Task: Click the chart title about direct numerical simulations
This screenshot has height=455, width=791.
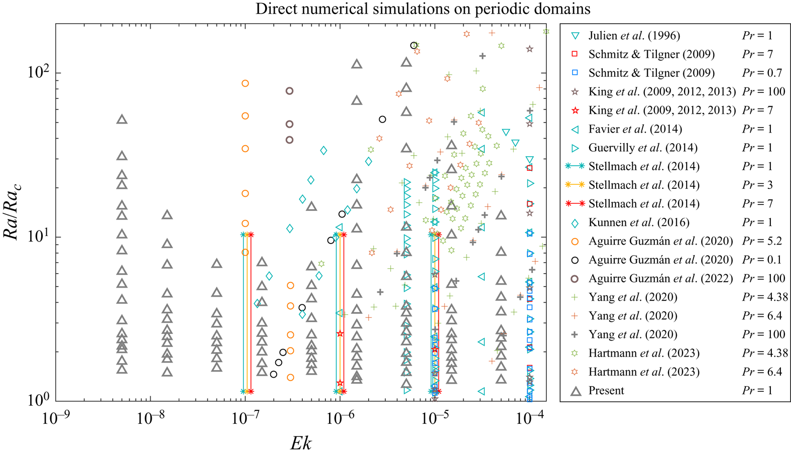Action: (423, 9)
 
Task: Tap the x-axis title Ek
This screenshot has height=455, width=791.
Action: (300, 443)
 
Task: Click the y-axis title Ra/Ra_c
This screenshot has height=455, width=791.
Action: (12, 212)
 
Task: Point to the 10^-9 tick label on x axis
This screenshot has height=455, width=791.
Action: (56, 418)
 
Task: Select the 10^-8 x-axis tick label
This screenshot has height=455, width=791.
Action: (150, 418)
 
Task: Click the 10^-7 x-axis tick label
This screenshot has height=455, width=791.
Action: (245, 418)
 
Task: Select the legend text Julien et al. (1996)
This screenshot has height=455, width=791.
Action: (634, 36)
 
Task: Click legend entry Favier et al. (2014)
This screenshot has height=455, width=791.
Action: (635, 129)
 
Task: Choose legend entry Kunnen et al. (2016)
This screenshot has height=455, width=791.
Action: (638, 222)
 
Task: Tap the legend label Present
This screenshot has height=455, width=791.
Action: (606, 391)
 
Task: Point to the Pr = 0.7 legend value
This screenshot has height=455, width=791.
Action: (762, 73)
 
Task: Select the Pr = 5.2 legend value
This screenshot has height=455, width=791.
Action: (762, 241)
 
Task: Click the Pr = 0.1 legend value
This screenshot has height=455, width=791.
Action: (762, 260)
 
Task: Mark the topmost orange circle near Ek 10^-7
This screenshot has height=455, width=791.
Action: (245, 83)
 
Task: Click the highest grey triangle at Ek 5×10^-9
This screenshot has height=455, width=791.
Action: (122, 120)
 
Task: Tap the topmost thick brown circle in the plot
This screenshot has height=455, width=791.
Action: (289, 91)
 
